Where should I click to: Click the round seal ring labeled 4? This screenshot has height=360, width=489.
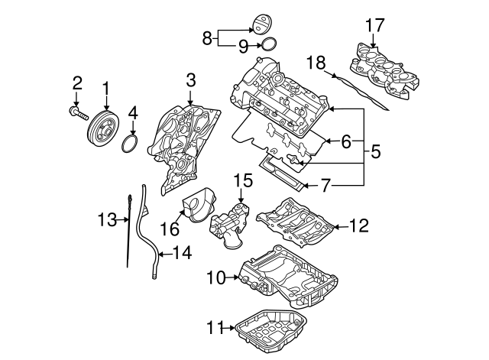131,144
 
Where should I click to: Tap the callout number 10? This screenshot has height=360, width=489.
215,277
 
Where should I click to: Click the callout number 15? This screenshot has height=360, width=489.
242,180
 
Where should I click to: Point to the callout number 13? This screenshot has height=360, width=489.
106,221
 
